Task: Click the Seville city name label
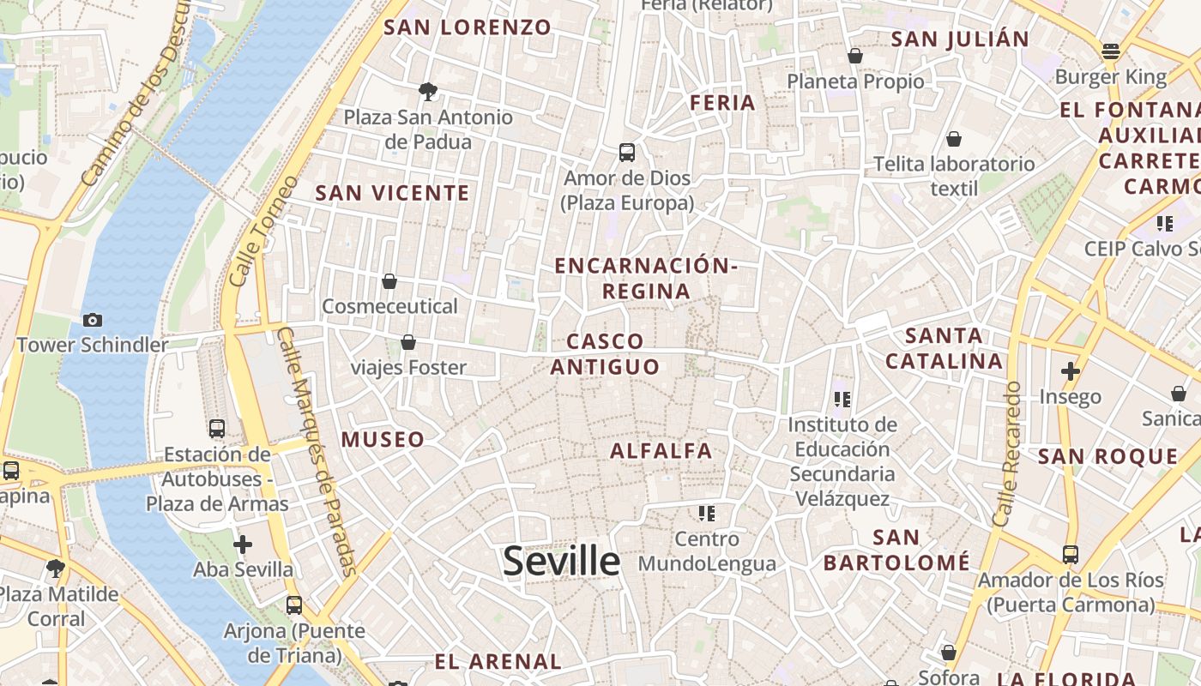[x=561, y=561]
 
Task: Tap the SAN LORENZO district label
[x=468, y=27]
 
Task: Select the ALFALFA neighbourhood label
[x=661, y=450]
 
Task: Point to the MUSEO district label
[x=383, y=440]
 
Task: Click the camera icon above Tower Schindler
[x=93, y=320]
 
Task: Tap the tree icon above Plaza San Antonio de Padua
[x=427, y=91]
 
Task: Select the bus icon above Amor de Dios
[x=627, y=153]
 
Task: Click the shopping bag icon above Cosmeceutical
[x=389, y=281]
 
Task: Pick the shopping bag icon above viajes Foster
[x=408, y=342]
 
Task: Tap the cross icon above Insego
[x=1070, y=371]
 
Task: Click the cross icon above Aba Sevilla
[x=243, y=544]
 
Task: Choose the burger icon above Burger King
[x=1111, y=51]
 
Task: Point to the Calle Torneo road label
[x=263, y=232]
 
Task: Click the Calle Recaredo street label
[x=1007, y=454]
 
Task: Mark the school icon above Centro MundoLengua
[x=707, y=514]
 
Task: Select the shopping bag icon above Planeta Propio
[x=855, y=56]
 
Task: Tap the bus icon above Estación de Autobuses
[x=217, y=429]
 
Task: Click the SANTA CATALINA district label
[x=944, y=348]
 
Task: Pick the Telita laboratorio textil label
[x=954, y=175]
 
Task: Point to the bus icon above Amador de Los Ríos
[x=1070, y=555]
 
